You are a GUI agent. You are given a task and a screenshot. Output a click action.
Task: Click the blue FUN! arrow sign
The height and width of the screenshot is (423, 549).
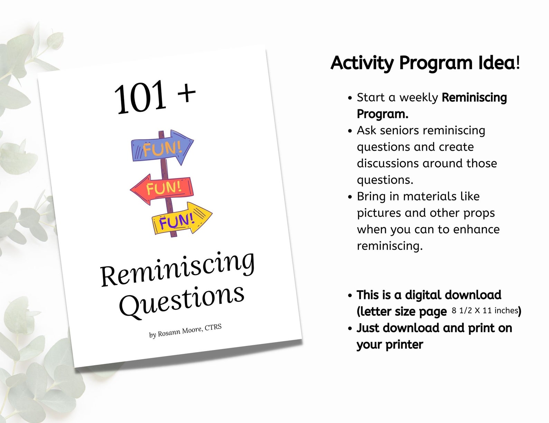tap(162, 147)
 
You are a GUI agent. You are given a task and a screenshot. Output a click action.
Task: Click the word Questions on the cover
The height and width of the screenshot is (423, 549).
tap(182, 299)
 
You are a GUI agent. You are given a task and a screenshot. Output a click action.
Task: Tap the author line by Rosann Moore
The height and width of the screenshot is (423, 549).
tap(185, 331)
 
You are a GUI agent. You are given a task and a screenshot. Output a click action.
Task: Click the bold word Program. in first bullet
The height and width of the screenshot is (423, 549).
tap(382, 114)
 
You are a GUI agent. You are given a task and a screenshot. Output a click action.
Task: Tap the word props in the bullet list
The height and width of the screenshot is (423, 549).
tap(479, 213)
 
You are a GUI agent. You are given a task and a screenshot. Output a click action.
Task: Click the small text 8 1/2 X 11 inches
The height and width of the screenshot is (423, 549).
tap(485, 310)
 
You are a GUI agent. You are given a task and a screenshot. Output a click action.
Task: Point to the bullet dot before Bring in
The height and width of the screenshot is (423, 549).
tap(350, 197)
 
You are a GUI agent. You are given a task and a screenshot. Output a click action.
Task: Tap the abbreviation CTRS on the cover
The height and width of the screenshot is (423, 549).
tap(213, 327)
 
